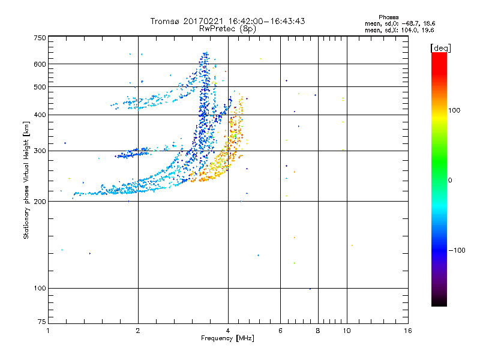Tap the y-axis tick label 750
40,38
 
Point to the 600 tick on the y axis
40,64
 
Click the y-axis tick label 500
40,87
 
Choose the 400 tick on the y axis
40,115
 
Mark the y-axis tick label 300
40,151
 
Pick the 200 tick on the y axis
40,202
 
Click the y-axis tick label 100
40,289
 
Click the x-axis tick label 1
49,331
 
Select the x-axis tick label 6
280,331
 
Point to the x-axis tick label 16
407,331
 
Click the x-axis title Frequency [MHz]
227,338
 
